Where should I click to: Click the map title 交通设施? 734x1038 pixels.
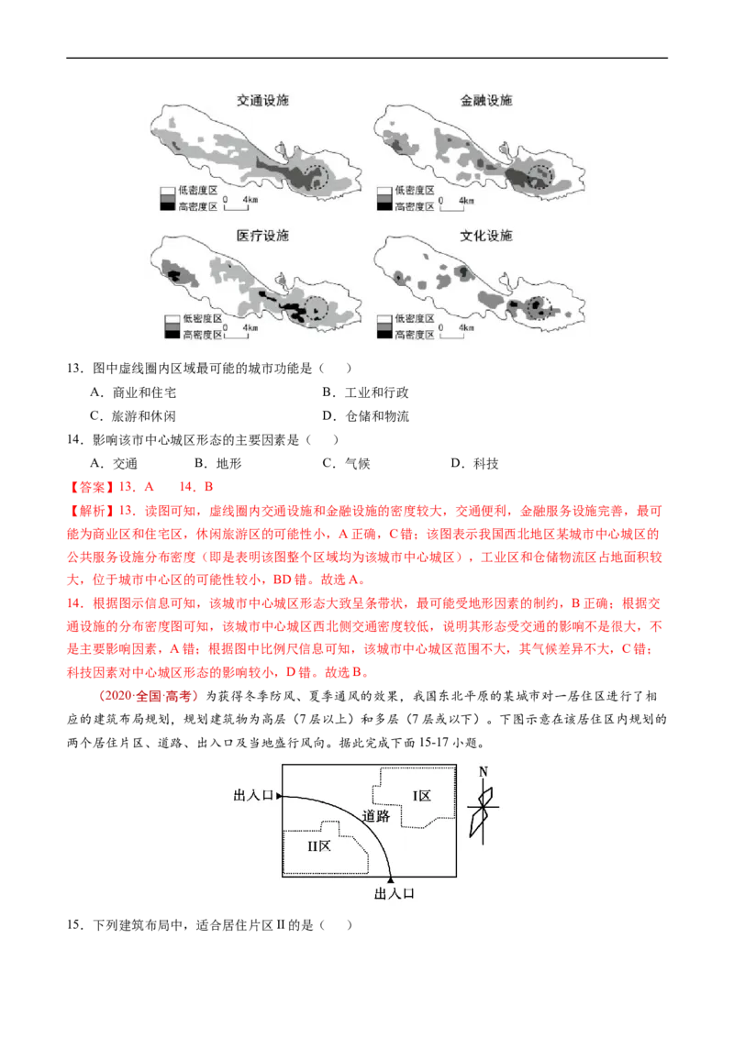point(263,101)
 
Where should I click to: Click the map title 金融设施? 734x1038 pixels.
point(486,101)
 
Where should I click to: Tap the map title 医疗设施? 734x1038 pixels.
point(263,236)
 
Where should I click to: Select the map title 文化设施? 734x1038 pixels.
point(486,236)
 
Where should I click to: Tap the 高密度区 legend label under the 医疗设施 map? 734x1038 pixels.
point(203,335)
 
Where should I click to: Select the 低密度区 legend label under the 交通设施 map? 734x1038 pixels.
point(197,191)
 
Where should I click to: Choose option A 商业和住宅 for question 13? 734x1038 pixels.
point(133,392)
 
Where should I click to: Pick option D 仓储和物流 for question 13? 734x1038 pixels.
point(366,416)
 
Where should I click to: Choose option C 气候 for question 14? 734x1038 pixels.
point(346,463)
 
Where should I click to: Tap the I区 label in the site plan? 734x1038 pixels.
point(422,796)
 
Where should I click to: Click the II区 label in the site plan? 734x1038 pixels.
point(319,846)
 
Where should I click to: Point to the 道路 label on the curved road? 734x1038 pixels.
point(375,816)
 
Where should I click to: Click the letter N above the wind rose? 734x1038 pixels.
point(484,772)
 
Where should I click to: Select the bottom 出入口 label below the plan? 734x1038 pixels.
point(395,894)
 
